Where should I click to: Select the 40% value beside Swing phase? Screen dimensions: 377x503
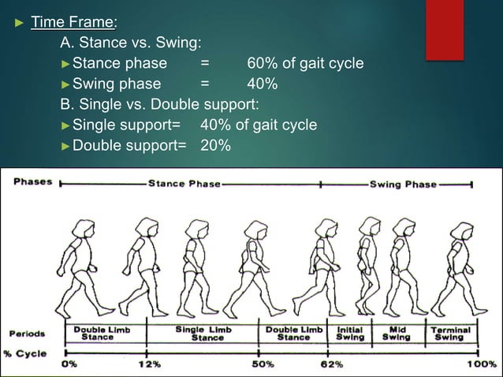(x=261, y=84)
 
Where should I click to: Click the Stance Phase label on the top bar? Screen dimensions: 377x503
(x=184, y=184)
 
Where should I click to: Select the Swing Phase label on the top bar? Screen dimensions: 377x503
(x=401, y=184)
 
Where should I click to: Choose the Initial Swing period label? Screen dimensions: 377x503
(x=350, y=333)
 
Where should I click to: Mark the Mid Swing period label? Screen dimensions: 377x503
(x=396, y=333)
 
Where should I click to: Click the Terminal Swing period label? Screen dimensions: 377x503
(x=451, y=333)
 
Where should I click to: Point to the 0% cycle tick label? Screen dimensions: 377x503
(x=70, y=364)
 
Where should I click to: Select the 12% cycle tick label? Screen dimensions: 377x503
(x=149, y=364)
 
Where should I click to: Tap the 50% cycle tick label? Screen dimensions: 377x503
(x=262, y=364)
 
